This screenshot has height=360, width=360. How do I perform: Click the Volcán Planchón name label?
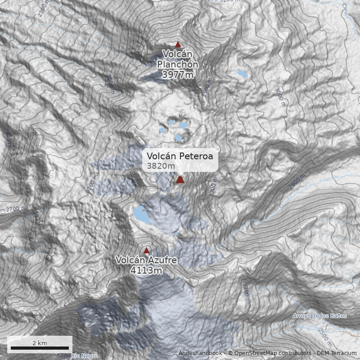178,59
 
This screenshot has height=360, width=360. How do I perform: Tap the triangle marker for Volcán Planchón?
178,45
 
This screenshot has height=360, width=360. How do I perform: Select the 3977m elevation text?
178,75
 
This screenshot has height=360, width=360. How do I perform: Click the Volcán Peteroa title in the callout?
180,156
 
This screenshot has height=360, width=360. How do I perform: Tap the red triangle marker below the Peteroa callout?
180,180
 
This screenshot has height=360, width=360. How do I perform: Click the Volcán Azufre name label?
146,260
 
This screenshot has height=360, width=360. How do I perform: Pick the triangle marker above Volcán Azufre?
146,250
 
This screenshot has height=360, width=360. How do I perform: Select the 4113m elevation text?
146,270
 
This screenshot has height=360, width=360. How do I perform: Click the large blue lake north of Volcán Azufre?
141,215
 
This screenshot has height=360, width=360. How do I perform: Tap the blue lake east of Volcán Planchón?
242,73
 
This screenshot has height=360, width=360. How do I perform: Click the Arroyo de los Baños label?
319,315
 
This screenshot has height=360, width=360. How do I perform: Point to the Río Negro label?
84,356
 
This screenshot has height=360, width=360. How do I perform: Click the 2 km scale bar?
40,348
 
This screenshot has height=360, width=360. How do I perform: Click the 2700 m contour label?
17,209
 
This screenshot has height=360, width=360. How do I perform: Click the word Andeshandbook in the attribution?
200,353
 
